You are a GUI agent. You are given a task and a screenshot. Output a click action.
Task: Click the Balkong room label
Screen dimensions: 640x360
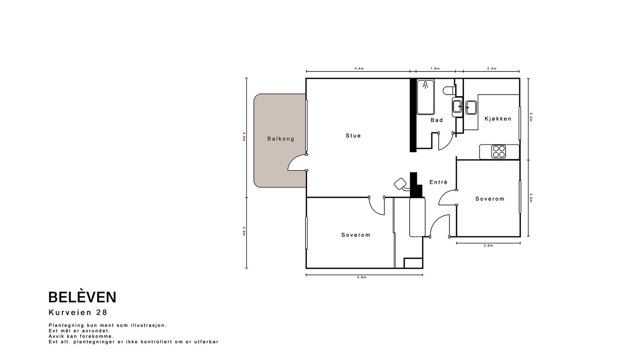(x=280, y=139)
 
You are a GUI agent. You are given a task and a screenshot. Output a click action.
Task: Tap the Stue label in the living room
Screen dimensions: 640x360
(x=353, y=136)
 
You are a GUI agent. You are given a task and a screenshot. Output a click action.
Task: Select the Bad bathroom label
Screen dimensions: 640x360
(x=436, y=120)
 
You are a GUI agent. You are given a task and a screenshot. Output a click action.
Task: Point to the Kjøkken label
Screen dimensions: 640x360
(x=498, y=118)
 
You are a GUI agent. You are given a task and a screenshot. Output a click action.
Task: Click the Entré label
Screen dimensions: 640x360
(x=438, y=182)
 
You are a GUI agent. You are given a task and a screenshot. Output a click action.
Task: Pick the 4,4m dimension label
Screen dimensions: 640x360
(x=359, y=68)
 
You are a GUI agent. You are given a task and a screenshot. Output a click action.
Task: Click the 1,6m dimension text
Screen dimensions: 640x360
(x=435, y=68)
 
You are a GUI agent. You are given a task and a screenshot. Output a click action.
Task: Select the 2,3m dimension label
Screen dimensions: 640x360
(x=492, y=68)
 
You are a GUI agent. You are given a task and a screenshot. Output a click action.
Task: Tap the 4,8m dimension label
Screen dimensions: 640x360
(x=362, y=278)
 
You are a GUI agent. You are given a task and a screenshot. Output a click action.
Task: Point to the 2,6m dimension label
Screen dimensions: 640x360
(x=488, y=246)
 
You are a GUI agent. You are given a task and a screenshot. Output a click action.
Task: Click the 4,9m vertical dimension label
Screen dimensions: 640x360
(x=244, y=136)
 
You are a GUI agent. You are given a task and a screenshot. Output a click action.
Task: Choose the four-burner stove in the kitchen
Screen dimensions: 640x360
(x=498, y=152)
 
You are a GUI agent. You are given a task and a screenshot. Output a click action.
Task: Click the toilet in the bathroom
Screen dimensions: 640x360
(x=449, y=90)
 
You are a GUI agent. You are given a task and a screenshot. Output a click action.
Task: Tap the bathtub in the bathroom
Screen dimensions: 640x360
(x=426, y=97)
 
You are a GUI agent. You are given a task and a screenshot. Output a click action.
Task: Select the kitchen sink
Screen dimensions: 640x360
(x=471, y=108)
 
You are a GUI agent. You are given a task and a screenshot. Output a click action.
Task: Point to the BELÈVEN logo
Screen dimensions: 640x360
(x=82, y=297)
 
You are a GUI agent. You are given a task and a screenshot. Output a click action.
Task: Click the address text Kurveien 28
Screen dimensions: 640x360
(x=78, y=312)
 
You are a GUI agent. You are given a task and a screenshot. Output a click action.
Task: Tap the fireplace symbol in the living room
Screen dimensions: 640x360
(x=402, y=184)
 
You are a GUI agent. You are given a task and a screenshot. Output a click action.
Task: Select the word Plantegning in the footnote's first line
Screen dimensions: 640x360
(x=66, y=326)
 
